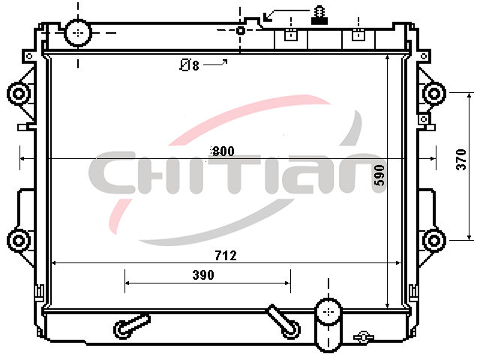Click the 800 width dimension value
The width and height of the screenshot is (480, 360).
[x=223, y=151]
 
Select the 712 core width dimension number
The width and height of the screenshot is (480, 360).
[x=226, y=255]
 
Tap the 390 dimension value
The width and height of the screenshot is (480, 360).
[x=203, y=275]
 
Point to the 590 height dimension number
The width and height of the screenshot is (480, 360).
[x=379, y=175]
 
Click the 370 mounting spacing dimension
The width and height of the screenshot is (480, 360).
[x=461, y=159]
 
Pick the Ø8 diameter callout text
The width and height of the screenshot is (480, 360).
[x=190, y=65]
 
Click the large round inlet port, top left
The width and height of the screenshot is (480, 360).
[x=78, y=32]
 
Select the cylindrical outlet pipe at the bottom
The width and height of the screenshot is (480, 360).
[x=328, y=325]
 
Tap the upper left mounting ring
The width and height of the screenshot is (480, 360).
[x=19, y=93]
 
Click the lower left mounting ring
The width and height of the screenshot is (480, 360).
[x=19, y=240]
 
